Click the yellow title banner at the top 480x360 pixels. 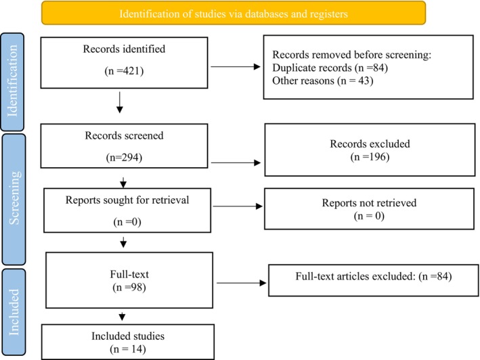tap(234, 13)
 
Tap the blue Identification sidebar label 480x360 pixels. tap(12, 82)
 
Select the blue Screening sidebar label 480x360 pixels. tap(14, 199)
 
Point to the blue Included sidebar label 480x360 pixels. tap(14, 312)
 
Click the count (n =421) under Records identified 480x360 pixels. tap(124, 71)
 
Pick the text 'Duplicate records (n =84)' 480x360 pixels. tap(330, 68)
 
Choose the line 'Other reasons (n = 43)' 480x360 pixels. tap(323, 81)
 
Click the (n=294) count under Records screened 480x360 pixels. tap(124, 158)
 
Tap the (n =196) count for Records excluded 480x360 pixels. tap(370, 157)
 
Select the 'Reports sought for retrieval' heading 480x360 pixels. tap(127, 200)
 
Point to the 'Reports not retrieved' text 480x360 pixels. tap(369, 203)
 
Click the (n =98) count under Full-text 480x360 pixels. tap(129, 287)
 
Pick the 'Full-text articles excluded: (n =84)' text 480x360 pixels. tap(374, 276)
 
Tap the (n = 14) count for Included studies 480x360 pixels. tap(128, 349)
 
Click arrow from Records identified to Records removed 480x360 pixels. tap(236, 67)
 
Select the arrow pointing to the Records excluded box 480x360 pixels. tap(236, 162)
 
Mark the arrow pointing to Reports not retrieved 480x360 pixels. tap(238, 206)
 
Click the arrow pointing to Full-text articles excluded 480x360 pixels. tap(241, 283)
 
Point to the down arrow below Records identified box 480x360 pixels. tap(120, 102)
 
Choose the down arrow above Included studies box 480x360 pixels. tap(122, 316)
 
